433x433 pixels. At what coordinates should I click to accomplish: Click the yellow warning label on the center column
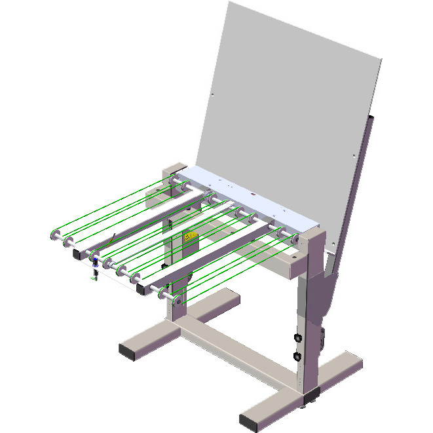[191, 236]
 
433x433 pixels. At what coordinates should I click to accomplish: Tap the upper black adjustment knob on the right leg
[297, 338]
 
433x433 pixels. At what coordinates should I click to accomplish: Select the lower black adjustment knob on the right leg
[297, 357]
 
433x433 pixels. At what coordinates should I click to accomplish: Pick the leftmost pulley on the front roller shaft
[55, 235]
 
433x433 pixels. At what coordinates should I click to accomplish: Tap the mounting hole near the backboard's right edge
[354, 156]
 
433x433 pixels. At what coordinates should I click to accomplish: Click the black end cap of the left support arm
[77, 252]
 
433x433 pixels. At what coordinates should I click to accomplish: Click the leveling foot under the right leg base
[313, 395]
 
